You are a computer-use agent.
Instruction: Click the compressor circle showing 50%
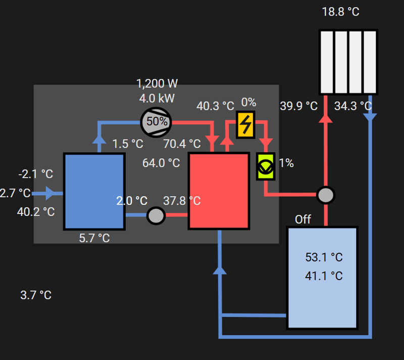coord(156,121)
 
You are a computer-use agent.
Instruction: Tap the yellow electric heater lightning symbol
coord(246,124)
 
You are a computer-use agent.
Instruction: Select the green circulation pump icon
coord(265,166)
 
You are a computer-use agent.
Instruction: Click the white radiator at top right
coord(348,62)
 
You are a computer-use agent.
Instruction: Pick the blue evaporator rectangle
coord(94,191)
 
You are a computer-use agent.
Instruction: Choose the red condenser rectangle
coord(219,191)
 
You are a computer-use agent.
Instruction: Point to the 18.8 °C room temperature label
coord(341,12)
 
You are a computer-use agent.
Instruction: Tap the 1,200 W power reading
coord(157,83)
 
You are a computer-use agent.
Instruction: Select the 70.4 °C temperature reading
coord(182,144)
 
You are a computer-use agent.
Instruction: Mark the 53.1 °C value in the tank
coord(324,257)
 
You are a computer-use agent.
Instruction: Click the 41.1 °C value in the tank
coord(324,276)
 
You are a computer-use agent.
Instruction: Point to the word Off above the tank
coord(303,219)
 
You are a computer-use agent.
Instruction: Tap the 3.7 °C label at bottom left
coord(36,295)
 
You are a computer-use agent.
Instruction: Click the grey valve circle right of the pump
coord(326,195)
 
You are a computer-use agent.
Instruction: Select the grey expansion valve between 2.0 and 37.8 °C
coord(156,216)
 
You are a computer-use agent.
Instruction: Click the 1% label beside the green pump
coord(286,163)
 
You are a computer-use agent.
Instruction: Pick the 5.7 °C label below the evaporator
coord(94,238)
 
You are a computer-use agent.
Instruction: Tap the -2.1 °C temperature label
coord(36,174)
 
